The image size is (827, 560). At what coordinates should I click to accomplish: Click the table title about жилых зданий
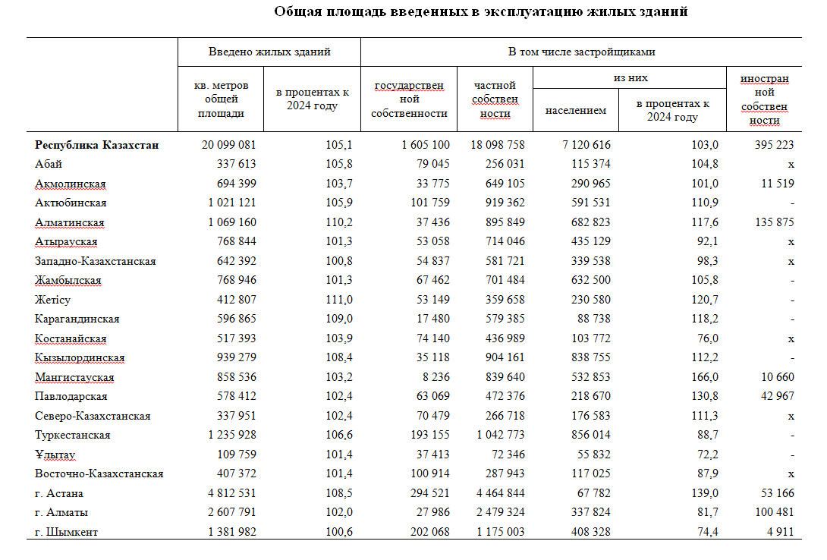point(481,11)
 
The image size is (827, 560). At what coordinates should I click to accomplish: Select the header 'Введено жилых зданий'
point(269,52)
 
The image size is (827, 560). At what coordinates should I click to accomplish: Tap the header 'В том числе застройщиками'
point(581,52)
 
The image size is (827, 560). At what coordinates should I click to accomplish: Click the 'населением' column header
point(576,110)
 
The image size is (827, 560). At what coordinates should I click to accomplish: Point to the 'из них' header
point(630,78)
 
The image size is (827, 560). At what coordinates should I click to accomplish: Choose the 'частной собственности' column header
point(495,99)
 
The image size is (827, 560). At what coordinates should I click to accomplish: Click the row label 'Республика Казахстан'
point(97,145)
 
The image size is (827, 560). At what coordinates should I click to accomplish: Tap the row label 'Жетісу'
point(52,300)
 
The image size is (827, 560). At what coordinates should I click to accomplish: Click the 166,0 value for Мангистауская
point(705,377)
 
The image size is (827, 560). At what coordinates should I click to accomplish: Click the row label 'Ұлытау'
point(55,455)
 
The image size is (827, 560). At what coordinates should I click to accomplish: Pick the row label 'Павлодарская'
point(71,396)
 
